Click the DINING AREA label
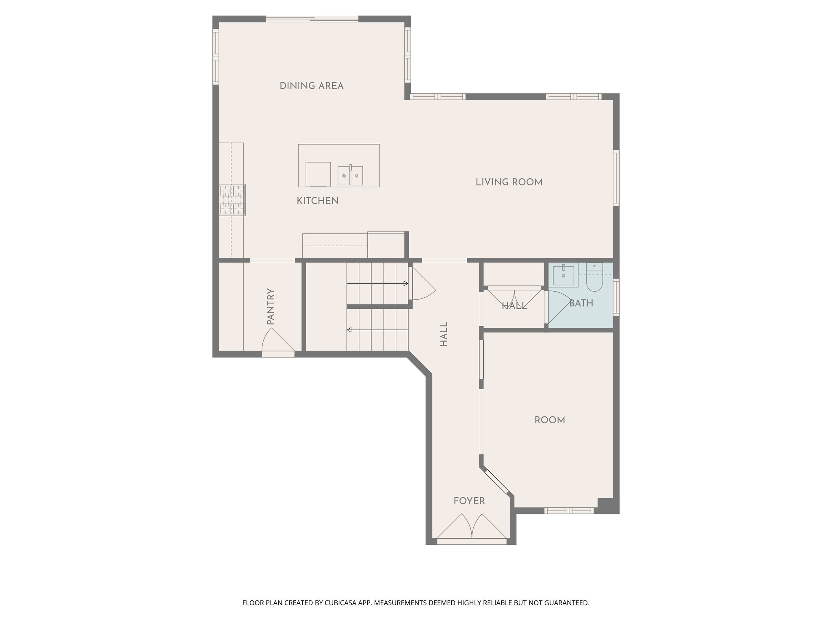tap(312, 86)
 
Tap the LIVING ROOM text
tap(509, 182)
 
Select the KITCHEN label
tap(318, 201)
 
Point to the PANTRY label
tap(271, 306)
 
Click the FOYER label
tap(469, 501)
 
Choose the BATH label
tap(581, 303)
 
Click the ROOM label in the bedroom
tap(550, 420)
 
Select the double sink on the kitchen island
tap(350, 175)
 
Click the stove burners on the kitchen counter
tap(232, 199)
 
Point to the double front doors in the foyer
tap(472, 528)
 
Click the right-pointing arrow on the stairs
tap(378, 284)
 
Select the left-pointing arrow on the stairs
tap(378, 330)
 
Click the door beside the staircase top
tap(422, 284)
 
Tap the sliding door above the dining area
tap(312, 18)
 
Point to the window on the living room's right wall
tap(616, 178)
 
